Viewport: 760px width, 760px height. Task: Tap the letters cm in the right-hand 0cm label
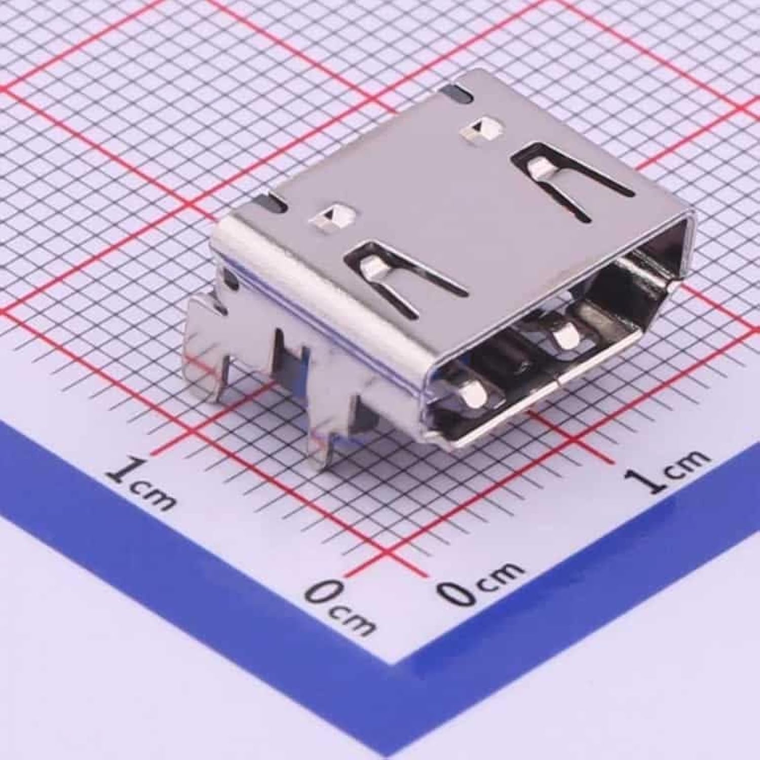(501, 573)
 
